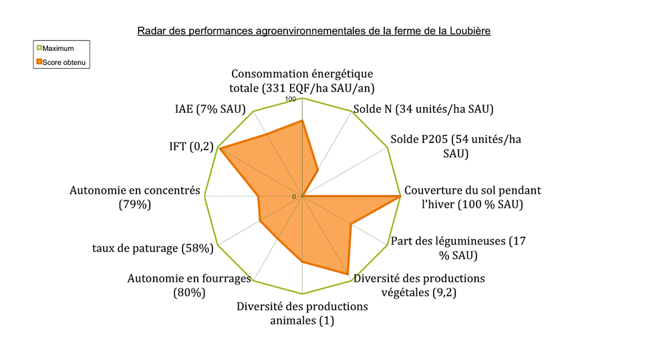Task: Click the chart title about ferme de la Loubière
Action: pyautogui.click(x=314, y=31)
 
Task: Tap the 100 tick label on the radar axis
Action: pyautogui.click(x=291, y=100)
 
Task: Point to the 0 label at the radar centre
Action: pyautogui.click(x=293, y=196)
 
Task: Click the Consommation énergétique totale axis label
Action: pyautogui.click(x=302, y=80)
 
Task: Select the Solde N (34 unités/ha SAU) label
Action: pyautogui.click(x=424, y=109)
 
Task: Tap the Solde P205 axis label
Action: pyautogui.click(x=455, y=146)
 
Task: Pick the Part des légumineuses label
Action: pyautogui.click(x=458, y=247)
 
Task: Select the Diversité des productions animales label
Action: pyautogui.click(x=302, y=313)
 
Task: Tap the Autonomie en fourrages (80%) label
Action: pyautogui.click(x=188, y=285)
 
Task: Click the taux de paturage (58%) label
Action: pyautogui.click(x=152, y=248)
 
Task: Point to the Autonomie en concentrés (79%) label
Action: pyautogui.click(x=135, y=197)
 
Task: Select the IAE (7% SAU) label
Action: pyautogui.click(x=206, y=109)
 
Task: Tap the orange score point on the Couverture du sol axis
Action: pyautogui.click(x=400, y=196)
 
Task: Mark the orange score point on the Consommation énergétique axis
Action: pyautogui.click(x=302, y=120)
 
